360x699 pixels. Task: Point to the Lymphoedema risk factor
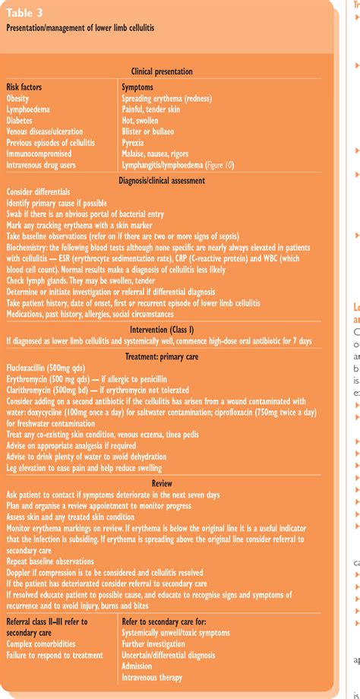pos(31,109)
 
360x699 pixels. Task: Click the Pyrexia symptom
pos(137,142)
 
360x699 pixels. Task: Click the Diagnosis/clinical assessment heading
pos(162,179)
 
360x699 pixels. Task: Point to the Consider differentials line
pos(39,192)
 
